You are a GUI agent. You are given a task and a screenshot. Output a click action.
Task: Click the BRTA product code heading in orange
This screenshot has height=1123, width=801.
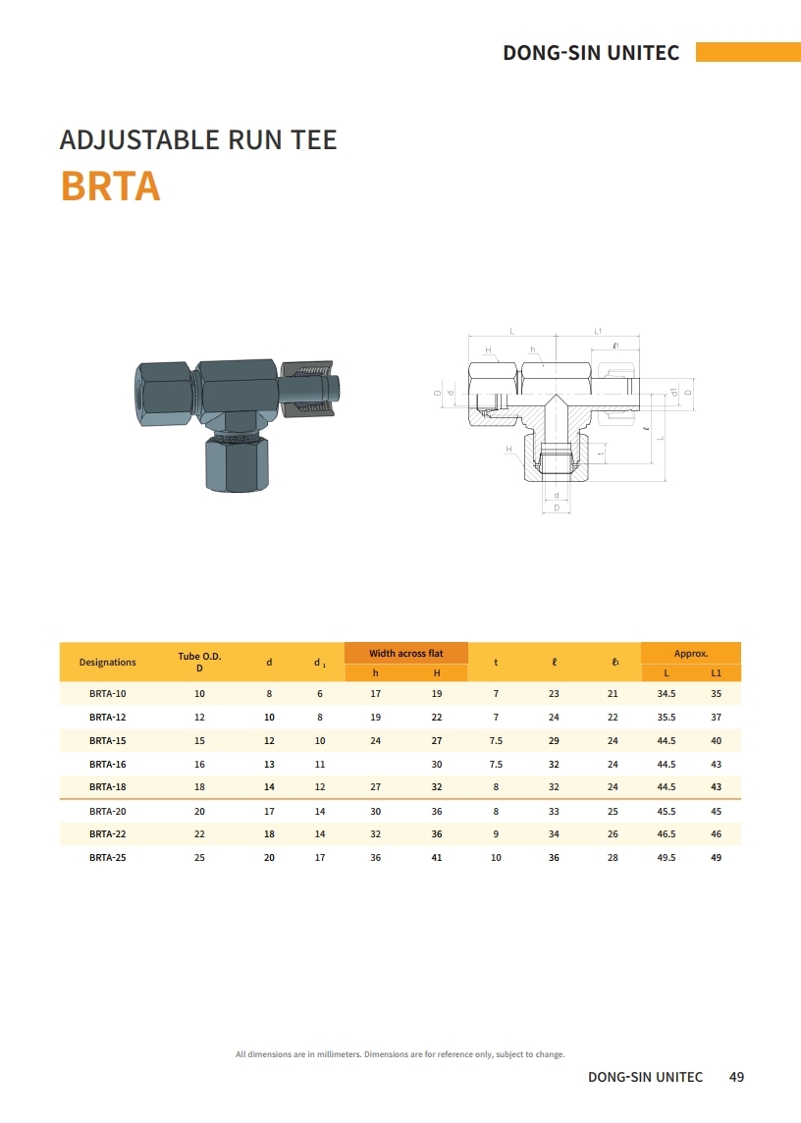click(110, 186)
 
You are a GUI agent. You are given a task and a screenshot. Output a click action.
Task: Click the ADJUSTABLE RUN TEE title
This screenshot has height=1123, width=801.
click(197, 139)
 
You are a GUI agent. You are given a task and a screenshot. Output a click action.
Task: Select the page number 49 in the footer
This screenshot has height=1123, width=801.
click(736, 1077)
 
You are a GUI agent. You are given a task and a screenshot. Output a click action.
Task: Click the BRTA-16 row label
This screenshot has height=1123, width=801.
click(107, 764)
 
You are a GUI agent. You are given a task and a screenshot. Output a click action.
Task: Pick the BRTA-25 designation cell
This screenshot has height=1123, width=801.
click(107, 857)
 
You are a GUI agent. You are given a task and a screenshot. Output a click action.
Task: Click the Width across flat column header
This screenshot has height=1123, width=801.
click(405, 654)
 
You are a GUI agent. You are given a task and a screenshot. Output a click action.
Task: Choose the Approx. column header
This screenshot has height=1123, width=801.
click(690, 654)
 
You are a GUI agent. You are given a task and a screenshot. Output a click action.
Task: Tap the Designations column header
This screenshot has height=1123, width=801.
click(107, 662)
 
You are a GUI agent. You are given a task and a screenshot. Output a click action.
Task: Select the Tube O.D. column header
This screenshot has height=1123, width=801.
click(199, 662)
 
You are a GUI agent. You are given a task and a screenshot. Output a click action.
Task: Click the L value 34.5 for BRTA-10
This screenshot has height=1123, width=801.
click(666, 694)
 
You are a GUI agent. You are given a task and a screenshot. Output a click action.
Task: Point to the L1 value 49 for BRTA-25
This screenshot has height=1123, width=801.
click(716, 857)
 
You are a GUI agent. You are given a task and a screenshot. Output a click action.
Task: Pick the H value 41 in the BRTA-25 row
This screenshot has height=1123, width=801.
click(437, 857)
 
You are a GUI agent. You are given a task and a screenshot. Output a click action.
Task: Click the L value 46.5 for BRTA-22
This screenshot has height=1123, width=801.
click(666, 833)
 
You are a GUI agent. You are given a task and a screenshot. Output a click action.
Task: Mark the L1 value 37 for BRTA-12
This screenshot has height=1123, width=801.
click(716, 718)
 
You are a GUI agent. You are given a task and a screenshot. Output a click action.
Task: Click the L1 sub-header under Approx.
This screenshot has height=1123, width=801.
click(716, 672)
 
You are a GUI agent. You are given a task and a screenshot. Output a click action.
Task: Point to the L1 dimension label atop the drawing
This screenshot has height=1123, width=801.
click(598, 332)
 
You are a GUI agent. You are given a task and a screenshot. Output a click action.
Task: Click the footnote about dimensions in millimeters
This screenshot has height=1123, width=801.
click(400, 1054)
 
